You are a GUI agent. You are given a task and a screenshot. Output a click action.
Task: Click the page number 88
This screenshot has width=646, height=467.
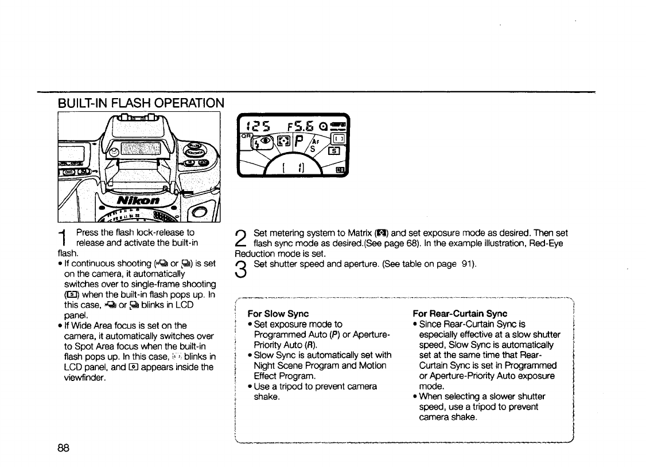tap(63, 449)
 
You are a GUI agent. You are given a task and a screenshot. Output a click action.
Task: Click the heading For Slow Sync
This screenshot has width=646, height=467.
tap(278, 314)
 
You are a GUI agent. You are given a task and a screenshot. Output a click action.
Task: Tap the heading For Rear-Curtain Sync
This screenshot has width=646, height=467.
tap(460, 314)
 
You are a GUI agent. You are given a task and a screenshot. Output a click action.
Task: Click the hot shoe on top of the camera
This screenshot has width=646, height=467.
tap(137, 118)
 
